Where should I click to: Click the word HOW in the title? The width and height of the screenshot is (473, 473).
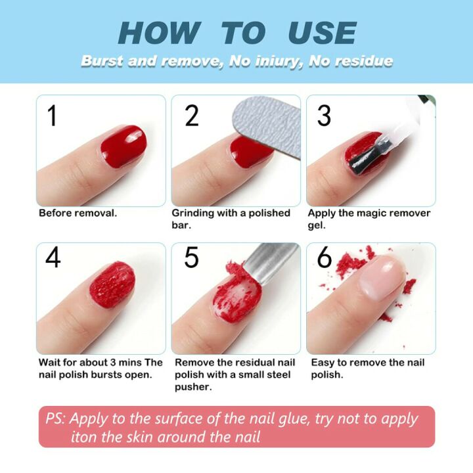point(158,33)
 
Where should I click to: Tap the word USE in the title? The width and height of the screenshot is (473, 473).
point(322,33)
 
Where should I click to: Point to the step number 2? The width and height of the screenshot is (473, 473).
point(191,116)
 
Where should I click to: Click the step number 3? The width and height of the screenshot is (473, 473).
point(324,116)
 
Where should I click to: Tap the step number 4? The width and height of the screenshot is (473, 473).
point(53,257)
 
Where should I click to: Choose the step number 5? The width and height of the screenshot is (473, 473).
point(191,257)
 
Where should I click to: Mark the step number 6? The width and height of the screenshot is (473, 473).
point(325,257)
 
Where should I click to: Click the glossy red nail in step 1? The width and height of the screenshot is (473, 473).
point(123,144)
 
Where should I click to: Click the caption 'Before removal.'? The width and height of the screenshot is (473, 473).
point(78,214)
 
